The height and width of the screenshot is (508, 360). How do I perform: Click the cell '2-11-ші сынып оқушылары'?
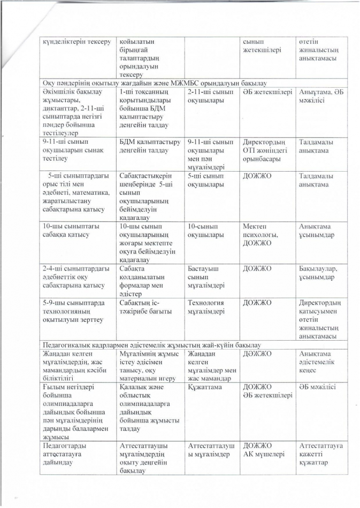coord(210,96)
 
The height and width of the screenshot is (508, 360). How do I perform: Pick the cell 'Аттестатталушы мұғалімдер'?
coord(212,450)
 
